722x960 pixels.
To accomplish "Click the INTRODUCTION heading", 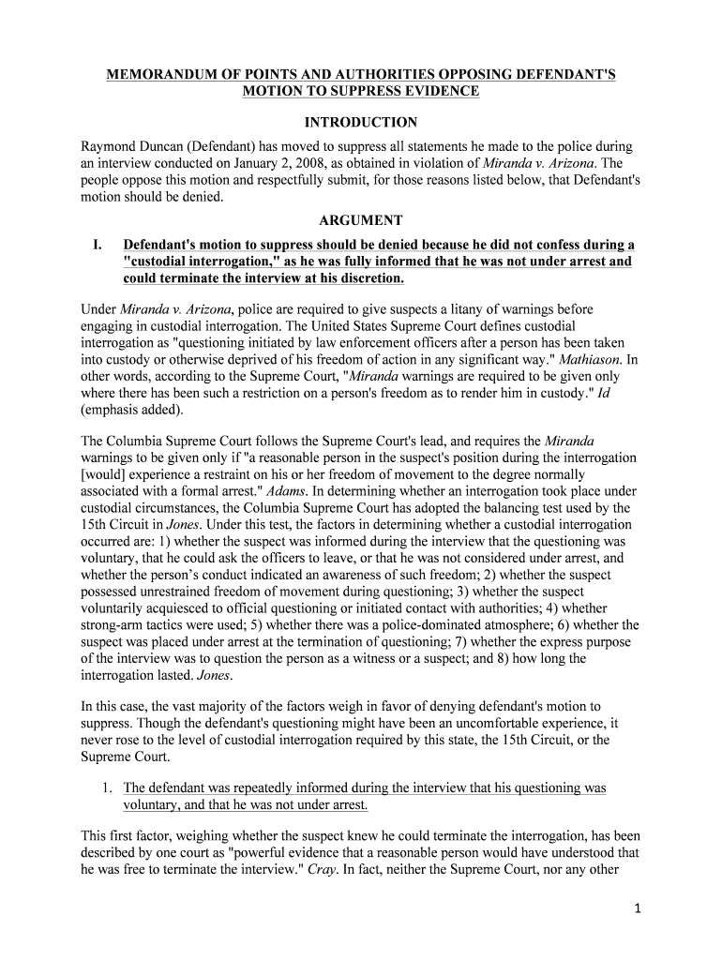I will click(x=361, y=123).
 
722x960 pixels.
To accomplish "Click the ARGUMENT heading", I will click(x=361, y=221).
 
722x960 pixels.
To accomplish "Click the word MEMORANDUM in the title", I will click(x=156, y=74).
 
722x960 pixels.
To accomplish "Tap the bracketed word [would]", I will click(x=108, y=474).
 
